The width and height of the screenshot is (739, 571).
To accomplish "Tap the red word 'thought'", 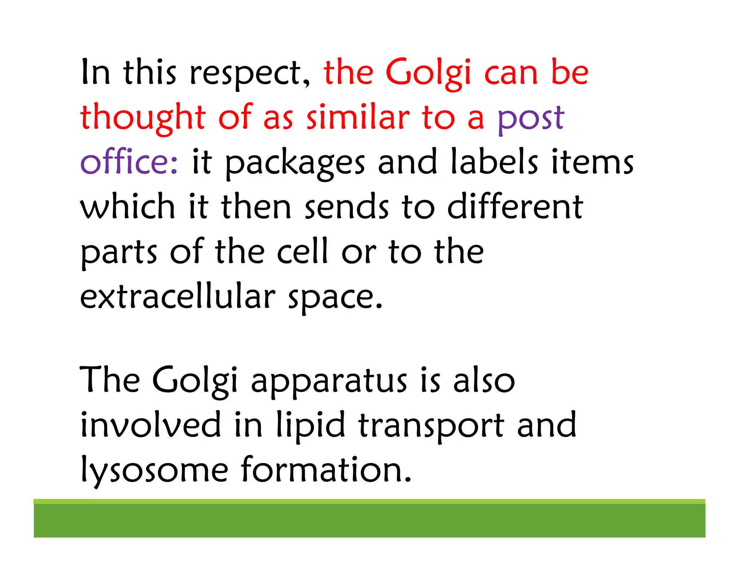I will [143, 117].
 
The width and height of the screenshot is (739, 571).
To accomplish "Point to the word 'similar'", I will [358, 117].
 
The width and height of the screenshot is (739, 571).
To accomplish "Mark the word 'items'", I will [592, 162].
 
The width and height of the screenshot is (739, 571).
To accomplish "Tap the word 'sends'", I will [347, 207].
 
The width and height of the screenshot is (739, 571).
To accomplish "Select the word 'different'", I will [515, 207].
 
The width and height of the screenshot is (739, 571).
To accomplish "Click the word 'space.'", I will [335, 298].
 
